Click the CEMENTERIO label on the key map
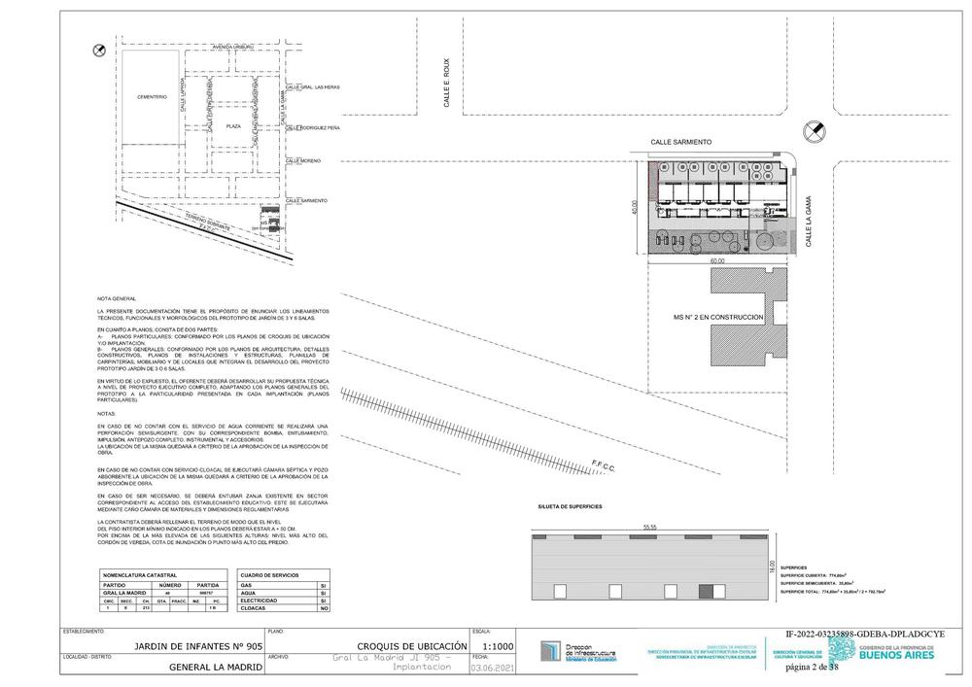(152, 96)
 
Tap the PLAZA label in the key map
(233, 126)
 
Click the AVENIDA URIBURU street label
(233, 46)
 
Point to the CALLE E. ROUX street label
(448, 87)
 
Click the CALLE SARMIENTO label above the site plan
(681, 141)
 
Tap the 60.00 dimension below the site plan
(716, 261)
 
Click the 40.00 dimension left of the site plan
(635, 209)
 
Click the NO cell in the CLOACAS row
(322, 609)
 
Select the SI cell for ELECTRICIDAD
(322, 601)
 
